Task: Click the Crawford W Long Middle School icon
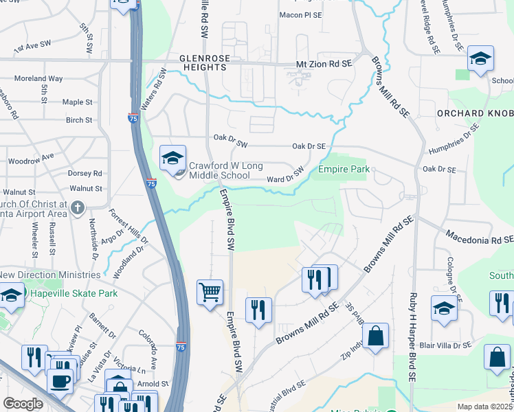172,159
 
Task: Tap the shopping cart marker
210,292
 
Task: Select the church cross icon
78,207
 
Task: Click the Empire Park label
343,169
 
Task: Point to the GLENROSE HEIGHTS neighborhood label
203,63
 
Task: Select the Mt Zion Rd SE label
323,63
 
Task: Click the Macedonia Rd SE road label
479,240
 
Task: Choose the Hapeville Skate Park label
72,293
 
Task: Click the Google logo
23,403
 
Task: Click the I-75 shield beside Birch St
131,119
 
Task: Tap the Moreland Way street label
38,79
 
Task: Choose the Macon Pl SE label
301,14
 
